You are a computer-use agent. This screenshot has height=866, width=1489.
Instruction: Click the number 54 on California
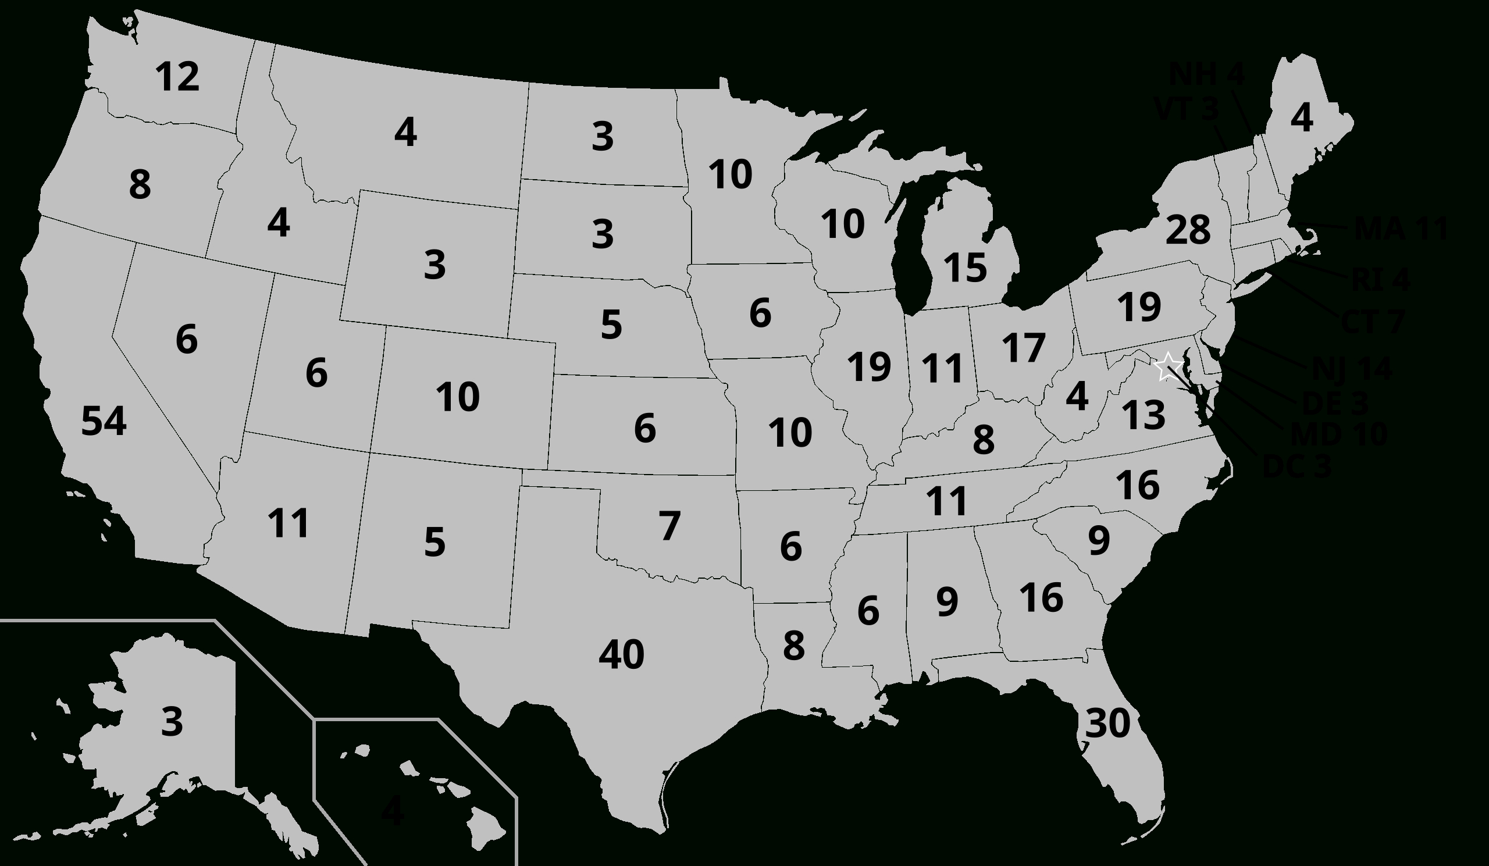pyautogui.click(x=104, y=422)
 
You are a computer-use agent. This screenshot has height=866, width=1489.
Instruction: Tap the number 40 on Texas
pyautogui.click(x=621, y=654)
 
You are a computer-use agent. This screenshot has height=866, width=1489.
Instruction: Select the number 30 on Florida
pyautogui.click(x=1107, y=723)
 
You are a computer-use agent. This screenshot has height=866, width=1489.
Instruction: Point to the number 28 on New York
pyautogui.click(x=1188, y=230)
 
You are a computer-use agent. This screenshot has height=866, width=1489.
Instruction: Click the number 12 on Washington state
pyautogui.click(x=177, y=77)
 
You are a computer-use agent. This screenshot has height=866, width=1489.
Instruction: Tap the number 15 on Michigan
pyautogui.click(x=965, y=267)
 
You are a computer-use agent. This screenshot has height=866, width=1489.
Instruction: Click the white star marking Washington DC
pyautogui.click(x=1167, y=367)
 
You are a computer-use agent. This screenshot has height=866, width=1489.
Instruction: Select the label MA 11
pyautogui.click(x=1401, y=229)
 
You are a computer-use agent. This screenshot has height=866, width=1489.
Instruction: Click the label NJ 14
pyautogui.click(x=1352, y=370)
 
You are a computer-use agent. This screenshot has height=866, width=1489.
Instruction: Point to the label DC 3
pyautogui.click(x=1296, y=466)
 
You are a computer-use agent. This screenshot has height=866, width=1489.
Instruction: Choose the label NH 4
pyautogui.click(x=1206, y=74)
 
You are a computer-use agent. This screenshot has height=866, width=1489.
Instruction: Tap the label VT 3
pyautogui.click(x=1186, y=109)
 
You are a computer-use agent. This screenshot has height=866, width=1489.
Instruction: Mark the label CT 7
pyautogui.click(x=1372, y=322)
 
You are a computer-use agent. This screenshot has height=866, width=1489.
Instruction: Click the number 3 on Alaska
pyautogui.click(x=172, y=721)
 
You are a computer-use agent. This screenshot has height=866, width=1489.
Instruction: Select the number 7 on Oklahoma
pyautogui.click(x=669, y=526)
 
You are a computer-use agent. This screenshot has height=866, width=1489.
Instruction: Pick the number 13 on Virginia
pyautogui.click(x=1143, y=415)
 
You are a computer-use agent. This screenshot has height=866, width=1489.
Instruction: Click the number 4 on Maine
pyautogui.click(x=1302, y=118)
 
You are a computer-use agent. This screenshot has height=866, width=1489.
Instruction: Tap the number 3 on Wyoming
pyautogui.click(x=434, y=265)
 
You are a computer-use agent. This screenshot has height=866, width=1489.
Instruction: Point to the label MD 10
pyautogui.click(x=1338, y=436)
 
